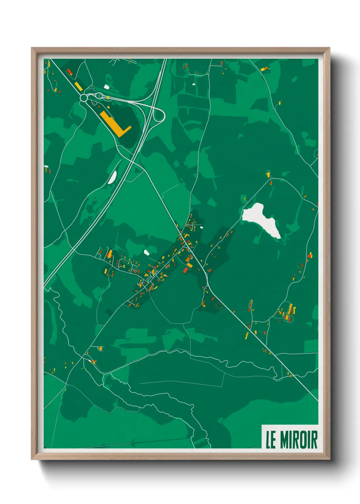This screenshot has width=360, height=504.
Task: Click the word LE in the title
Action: coord(271,440)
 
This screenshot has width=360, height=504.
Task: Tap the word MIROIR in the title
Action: coord(299,440)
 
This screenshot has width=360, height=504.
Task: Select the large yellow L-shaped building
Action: coord(114,124)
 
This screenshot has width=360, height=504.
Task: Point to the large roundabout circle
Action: coord(84,98)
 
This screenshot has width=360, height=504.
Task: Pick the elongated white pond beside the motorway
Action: coord(112,177)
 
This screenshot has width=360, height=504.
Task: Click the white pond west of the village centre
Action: coord(147,252)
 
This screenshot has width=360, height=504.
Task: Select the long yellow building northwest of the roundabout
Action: coord(78,86)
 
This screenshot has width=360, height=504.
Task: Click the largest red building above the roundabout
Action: coord(70,72)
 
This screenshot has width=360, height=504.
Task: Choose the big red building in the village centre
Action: coord(185,270)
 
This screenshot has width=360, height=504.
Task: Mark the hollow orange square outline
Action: coord(219,305)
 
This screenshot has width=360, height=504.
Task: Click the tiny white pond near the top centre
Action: coord(194,84)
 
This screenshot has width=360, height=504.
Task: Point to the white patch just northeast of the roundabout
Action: coord(107,87)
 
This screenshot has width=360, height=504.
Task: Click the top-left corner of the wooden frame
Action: coord(32,48)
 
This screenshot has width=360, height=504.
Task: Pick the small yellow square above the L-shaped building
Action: coord(109,107)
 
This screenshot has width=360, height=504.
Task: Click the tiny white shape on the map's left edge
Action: coord(46,167)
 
